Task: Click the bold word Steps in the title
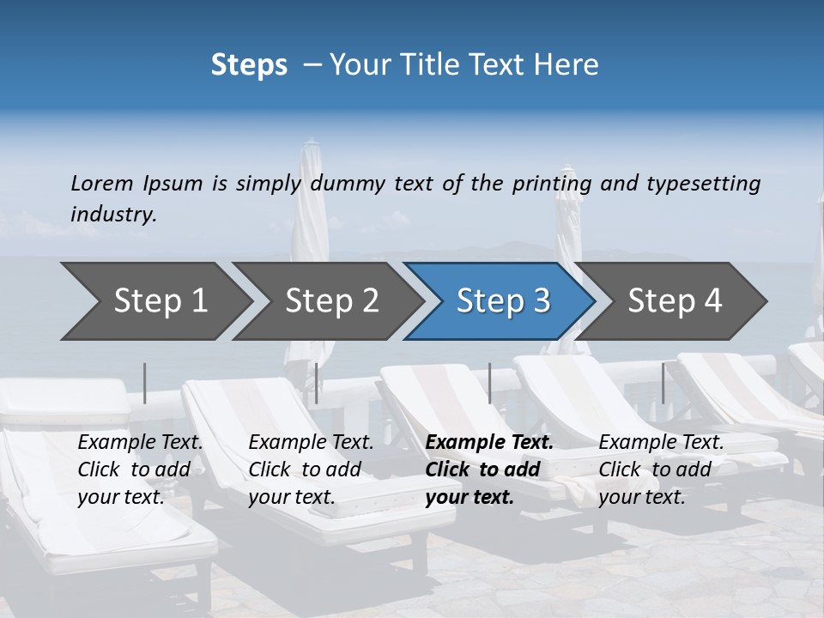click(249, 64)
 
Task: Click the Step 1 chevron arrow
click(154, 300)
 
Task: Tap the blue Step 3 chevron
click(502, 300)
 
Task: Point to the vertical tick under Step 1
click(145, 383)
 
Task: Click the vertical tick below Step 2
click(317, 383)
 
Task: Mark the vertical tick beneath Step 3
click(489, 383)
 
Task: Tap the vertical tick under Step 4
click(663, 383)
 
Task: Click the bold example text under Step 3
click(489, 470)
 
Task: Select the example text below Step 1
click(140, 470)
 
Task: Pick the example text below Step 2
click(311, 470)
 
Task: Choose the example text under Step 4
click(661, 470)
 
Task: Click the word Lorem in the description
click(102, 183)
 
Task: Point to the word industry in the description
click(112, 214)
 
